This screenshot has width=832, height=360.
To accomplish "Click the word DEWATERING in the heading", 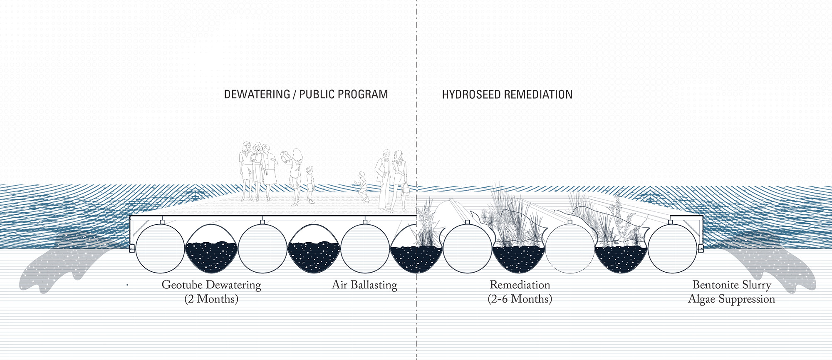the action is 257,94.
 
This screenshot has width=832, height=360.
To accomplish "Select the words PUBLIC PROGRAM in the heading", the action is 344,94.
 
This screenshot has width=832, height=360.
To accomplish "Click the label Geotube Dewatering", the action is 211,285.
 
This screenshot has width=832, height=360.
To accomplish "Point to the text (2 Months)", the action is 211,299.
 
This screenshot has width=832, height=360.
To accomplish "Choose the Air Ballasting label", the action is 364,285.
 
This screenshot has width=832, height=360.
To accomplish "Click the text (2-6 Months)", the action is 520,299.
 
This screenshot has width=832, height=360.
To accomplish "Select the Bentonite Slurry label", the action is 732,285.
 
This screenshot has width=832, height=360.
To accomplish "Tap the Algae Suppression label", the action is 732,299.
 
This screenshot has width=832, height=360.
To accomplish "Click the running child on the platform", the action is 362,187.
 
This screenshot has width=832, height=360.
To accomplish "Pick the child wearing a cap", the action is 310,184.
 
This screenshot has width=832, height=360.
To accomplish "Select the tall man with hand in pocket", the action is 384,180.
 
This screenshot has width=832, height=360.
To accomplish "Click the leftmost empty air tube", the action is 160,248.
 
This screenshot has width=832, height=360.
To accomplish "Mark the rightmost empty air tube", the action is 673,248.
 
